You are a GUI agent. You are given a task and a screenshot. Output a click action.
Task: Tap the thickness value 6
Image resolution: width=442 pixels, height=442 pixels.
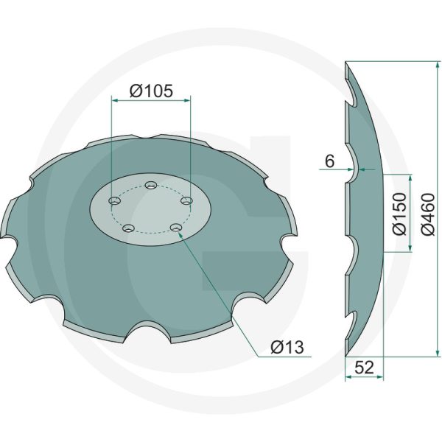(329, 159)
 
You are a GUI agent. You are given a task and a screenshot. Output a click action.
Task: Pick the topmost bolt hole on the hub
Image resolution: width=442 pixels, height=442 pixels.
(151, 185)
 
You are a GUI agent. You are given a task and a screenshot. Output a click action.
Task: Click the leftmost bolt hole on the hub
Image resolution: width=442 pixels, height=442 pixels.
(113, 201)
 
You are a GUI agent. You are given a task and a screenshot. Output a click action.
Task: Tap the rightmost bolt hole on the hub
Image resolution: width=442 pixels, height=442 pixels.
(187, 200)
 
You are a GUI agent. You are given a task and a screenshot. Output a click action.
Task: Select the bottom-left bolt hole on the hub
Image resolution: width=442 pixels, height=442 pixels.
(128, 228)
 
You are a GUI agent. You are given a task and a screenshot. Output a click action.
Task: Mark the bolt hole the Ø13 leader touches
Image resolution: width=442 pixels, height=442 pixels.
(175, 228)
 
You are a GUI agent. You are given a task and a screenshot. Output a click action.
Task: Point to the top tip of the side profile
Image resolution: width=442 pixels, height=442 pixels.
(346, 65)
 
